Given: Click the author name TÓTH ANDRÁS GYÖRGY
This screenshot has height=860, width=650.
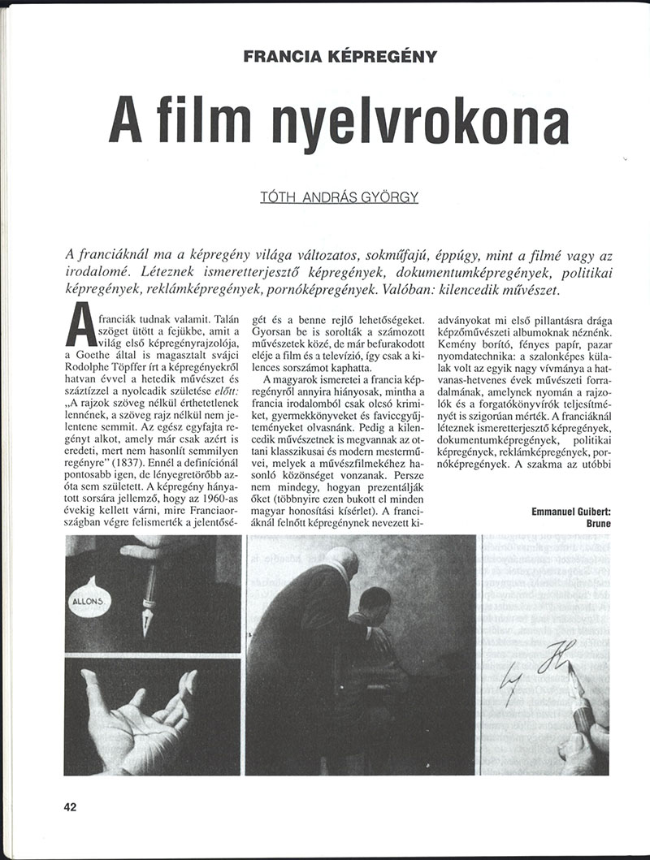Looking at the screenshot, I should (337, 197).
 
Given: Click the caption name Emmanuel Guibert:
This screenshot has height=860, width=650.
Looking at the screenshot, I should (569, 511).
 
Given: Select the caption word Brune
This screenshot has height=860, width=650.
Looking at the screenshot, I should (597, 524).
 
